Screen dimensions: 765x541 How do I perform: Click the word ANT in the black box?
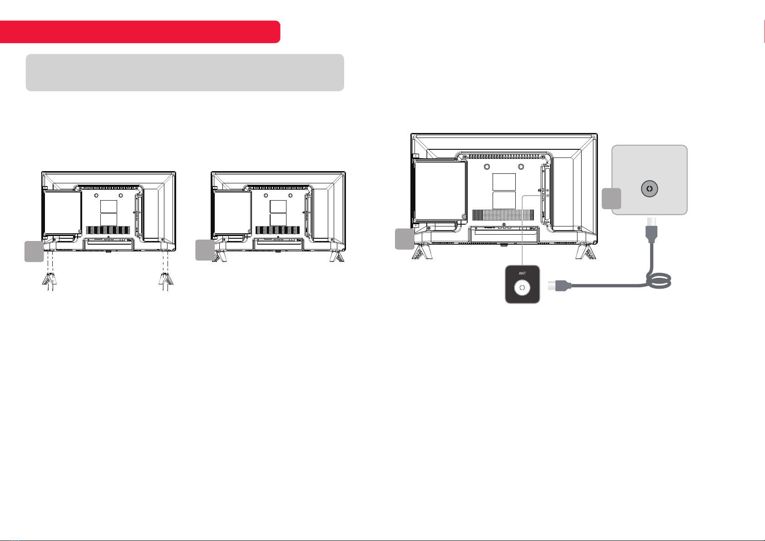click(522, 273)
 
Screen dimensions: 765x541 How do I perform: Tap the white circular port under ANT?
click(522, 288)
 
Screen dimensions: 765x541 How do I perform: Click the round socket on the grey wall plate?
click(650, 188)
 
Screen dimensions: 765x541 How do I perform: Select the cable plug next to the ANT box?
click(560, 285)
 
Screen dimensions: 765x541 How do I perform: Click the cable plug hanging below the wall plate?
click(651, 230)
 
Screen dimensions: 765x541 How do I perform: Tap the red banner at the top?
click(140, 32)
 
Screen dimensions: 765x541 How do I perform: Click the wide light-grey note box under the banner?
click(185, 72)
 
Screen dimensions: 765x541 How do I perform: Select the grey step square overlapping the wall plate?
click(611, 198)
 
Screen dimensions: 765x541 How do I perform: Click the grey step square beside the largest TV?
click(405, 239)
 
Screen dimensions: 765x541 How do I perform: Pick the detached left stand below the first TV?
click(49, 279)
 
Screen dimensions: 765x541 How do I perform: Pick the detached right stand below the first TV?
click(166, 279)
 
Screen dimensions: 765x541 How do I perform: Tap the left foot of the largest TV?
click(422, 251)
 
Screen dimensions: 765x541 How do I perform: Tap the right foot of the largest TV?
click(586, 251)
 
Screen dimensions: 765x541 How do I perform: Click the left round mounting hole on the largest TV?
click(487, 167)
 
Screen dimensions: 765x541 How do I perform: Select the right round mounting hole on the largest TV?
click(521, 167)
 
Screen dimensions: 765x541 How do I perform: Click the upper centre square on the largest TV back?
click(504, 182)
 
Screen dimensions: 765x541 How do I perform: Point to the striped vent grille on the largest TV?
click(503, 215)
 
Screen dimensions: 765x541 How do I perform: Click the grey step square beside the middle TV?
click(205, 250)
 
